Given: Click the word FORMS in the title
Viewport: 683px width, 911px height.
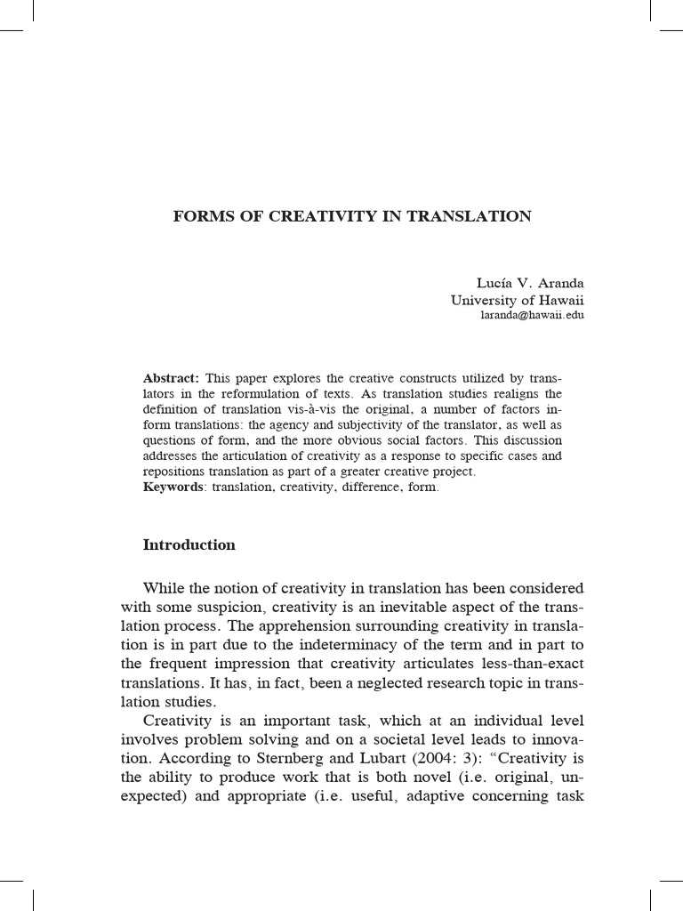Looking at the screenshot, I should pos(199,216).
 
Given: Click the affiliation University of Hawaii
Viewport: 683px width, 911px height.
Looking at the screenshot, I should pos(517,300).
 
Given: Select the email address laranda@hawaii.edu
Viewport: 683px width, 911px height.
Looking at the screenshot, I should pos(532,315).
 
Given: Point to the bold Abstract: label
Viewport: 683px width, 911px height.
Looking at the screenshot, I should pos(172,377).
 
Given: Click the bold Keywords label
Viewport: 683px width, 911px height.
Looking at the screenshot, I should pos(173,488).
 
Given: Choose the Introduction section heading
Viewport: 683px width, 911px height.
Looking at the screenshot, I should pos(189,545).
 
